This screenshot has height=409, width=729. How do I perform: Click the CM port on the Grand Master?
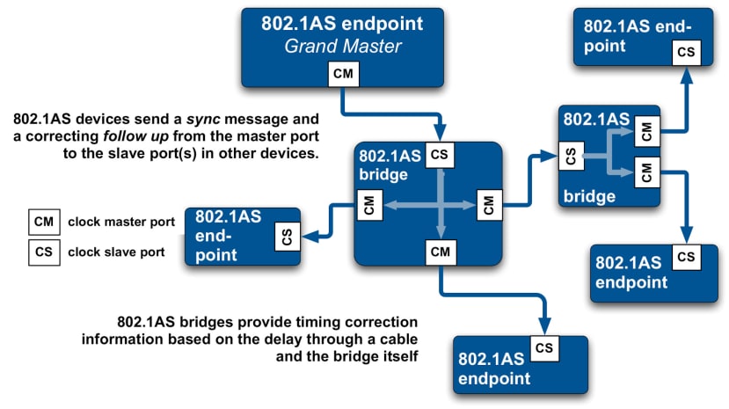pos(344,74)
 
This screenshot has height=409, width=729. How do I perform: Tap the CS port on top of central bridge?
pos(441,156)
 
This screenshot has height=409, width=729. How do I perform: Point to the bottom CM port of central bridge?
pos(441,253)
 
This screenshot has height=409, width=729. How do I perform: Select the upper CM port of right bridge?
pos(646,134)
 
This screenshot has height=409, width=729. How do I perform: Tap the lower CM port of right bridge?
pos(646,172)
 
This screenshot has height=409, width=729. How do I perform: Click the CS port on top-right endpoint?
pos(687,52)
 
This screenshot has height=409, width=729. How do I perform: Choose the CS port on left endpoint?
pos(286,236)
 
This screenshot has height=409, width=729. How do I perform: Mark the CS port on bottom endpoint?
pos(544,347)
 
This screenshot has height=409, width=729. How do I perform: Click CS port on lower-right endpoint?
pos(687,257)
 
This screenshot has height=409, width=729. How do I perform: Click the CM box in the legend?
pos(44,222)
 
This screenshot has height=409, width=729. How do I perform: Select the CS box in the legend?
pos(44,252)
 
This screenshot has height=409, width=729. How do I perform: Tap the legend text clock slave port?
pos(116,252)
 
